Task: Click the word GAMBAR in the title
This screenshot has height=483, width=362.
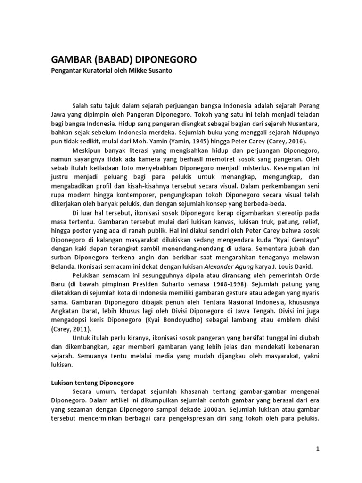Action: [71, 60]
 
